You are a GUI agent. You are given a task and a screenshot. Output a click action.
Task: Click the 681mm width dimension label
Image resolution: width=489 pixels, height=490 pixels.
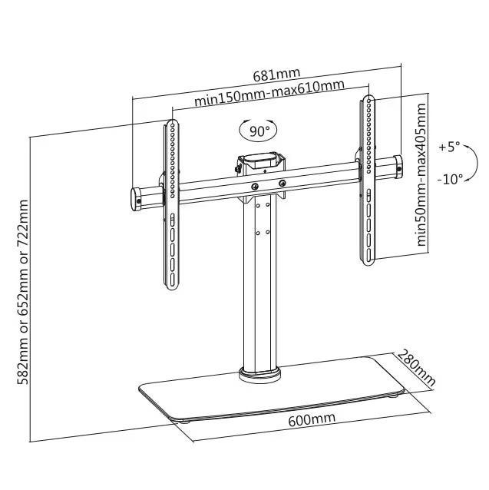(276, 74)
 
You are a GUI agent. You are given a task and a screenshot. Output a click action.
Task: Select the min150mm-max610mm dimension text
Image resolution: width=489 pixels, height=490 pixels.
(269, 93)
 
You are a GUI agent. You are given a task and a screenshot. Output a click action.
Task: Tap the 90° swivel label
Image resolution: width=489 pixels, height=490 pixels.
(259, 131)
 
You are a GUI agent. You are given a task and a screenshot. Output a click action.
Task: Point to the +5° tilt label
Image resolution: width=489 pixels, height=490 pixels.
(449, 147)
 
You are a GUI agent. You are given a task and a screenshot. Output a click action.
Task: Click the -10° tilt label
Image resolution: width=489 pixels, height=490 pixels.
(450, 180)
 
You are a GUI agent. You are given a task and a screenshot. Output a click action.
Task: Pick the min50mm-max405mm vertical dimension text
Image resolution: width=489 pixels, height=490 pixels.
(421, 174)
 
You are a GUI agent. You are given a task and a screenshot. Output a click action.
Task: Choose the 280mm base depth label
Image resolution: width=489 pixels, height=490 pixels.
(416, 368)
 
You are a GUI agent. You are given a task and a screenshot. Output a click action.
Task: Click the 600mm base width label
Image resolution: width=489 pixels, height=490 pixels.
(312, 419)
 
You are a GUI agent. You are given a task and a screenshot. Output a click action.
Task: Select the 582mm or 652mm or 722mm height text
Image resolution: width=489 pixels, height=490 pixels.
(22, 292)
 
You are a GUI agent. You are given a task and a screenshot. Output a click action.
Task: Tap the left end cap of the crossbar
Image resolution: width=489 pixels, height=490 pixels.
(136, 200)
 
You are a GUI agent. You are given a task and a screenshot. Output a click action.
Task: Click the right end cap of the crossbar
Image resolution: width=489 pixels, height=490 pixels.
(398, 167)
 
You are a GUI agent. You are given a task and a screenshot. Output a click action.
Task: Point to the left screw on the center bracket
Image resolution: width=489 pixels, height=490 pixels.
(255, 187)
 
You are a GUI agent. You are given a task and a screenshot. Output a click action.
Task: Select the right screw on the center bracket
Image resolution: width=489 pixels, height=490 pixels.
(282, 183)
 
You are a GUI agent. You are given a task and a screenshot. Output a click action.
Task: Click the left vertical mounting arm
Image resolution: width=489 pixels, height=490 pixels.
(172, 205)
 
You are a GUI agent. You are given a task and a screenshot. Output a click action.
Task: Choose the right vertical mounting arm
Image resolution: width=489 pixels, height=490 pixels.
(368, 180)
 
